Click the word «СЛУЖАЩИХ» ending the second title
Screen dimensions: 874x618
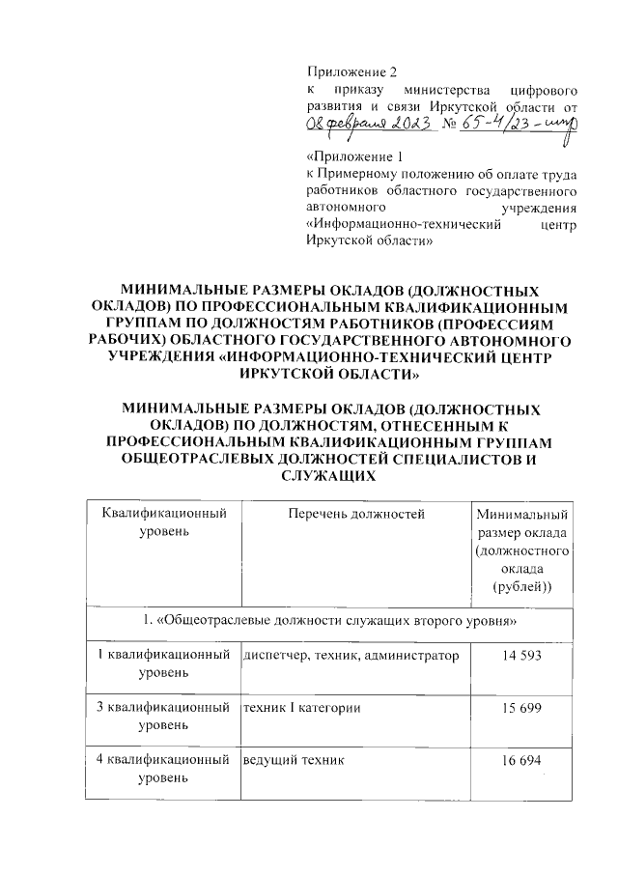pyautogui.click(x=328, y=477)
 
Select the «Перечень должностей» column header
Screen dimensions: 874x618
pyautogui.click(x=356, y=514)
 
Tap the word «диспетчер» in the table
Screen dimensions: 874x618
pyautogui.click(x=274, y=657)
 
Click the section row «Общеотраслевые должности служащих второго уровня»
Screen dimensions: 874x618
pyautogui.click(x=328, y=617)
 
